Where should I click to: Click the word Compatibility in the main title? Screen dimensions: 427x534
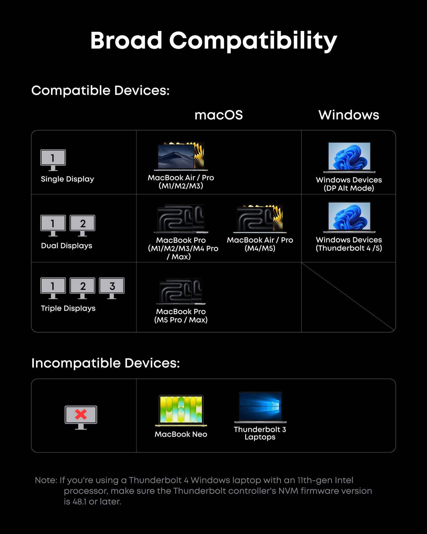[253, 41]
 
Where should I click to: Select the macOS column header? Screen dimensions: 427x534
[219, 115]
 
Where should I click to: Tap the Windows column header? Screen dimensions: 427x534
[349, 115]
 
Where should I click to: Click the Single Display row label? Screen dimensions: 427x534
[67, 179]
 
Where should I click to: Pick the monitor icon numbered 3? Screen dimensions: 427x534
[112, 288]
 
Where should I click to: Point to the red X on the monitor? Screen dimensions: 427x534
[81, 414]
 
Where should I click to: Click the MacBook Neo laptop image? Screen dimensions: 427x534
[181, 411]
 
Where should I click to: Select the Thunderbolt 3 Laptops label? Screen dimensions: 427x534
[260, 433]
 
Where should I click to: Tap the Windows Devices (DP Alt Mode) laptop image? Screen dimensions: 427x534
[349, 157]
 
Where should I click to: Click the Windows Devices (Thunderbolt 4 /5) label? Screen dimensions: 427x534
[349, 244]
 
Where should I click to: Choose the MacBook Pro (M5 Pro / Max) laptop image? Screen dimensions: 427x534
[181, 292]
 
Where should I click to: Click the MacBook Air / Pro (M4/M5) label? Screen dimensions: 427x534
[260, 244]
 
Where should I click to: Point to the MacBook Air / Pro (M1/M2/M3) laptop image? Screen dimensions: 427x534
[181, 156]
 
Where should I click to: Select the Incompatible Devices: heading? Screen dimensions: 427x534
[105, 363]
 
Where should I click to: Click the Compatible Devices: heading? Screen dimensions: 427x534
[100, 90]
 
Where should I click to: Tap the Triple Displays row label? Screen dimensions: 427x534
[68, 308]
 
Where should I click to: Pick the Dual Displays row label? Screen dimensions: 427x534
[66, 246]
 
